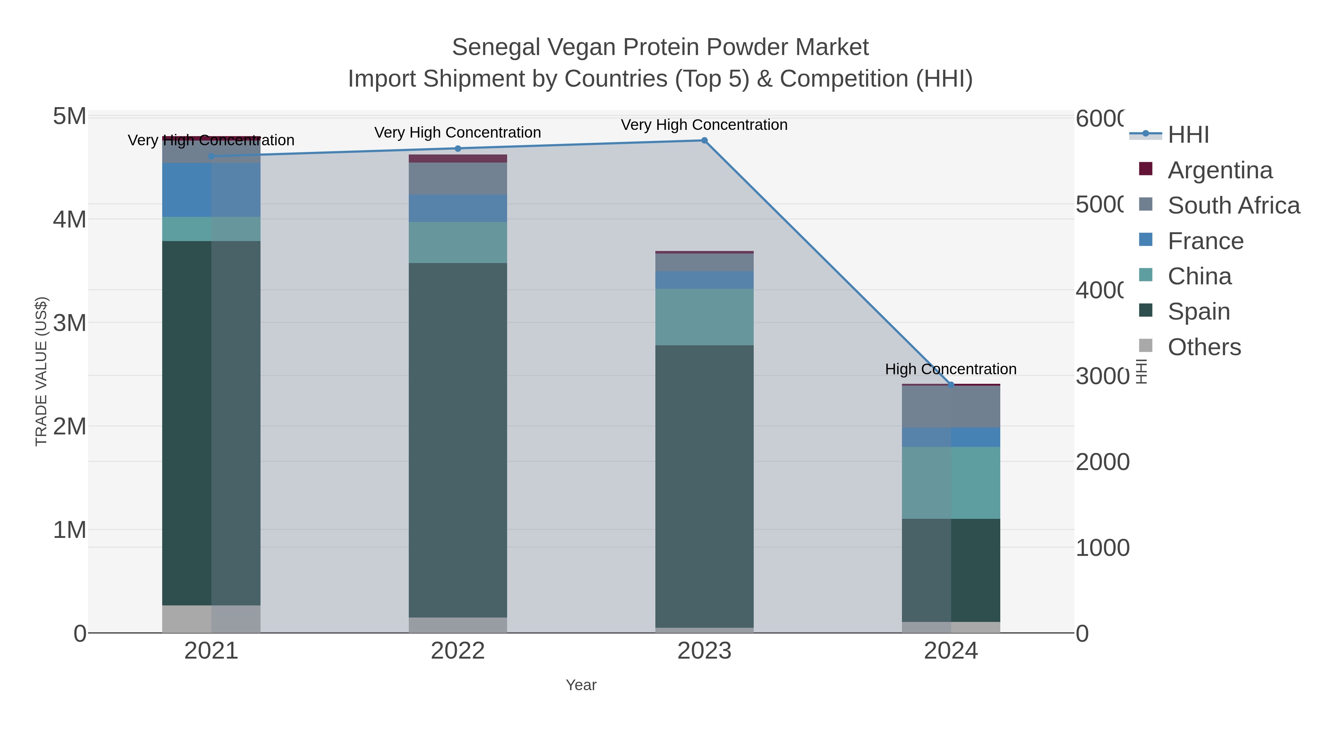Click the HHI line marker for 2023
(704, 141)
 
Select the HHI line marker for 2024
(951, 385)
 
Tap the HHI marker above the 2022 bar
(458, 149)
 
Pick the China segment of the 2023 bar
(704, 317)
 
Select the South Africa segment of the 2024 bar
(951, 407)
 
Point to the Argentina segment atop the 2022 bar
(458, 159)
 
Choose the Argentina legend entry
(1219, 170)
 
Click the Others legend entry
(1204, 347)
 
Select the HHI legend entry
(1188, 135)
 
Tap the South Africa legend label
(1233, 205)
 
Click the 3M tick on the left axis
(70, 323)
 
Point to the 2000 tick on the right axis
(1102, 462)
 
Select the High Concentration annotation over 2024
(950, 369)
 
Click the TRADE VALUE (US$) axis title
(41, 371)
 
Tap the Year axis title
(581, 685)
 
